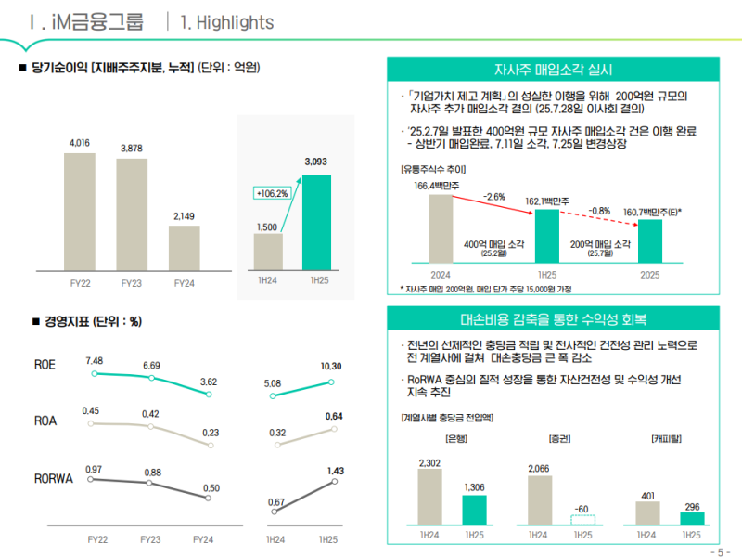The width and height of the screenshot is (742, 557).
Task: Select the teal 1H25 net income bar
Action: tap(316, 221)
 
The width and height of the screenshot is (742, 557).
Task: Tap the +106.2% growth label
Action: tap(271, 193)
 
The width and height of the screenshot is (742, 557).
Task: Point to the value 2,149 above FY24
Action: tap(184, 217)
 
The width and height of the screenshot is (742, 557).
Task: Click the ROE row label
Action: tap(45, 365)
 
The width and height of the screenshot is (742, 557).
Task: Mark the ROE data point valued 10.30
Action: tap(331, 382)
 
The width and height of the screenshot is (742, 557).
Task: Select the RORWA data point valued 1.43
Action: tap(331, 481)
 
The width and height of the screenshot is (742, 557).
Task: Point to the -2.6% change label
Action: tap(494, 197)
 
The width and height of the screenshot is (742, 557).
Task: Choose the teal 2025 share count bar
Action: tap(650, 240)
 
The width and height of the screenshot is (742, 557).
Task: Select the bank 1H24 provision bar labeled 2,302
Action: tap(429, 496)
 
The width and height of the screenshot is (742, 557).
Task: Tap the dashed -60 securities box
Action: tap(582, 520)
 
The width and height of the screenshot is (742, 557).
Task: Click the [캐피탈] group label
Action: tap(668, 436)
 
